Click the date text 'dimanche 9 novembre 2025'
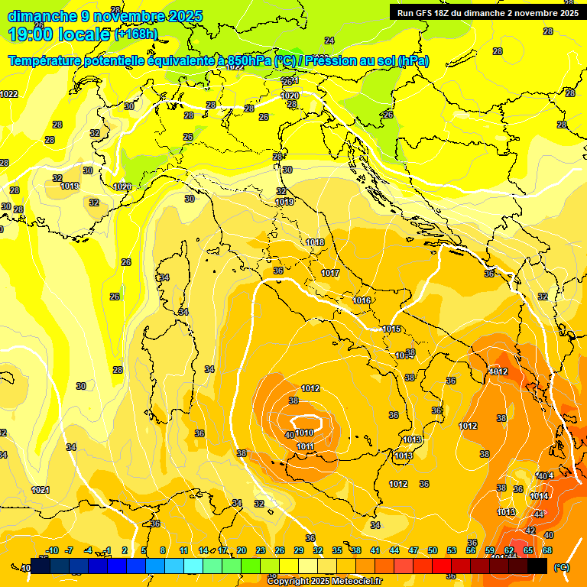(x=105, y=16)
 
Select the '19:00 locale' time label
(x=59, y=34)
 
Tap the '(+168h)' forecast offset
(x=136, y=34)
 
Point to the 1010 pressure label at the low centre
(x=304, y=433)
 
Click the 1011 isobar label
(x=306, y=446)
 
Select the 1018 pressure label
(x=315, y=242)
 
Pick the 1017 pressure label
(x=330, y=273)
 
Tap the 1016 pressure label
(x=362, y=300)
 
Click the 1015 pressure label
(x=391, y=329)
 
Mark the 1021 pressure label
(x=41, y=490)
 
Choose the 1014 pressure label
(x=539, y=496)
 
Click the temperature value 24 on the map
(x=329, y=41)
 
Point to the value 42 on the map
(x=530, y=530)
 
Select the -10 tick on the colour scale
(x=53, y=550)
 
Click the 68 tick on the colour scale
(x=547, y=550)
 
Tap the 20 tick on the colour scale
(x=242, y=550)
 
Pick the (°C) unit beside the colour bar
(x=562, y=567)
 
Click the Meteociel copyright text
(x=324, y=582)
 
